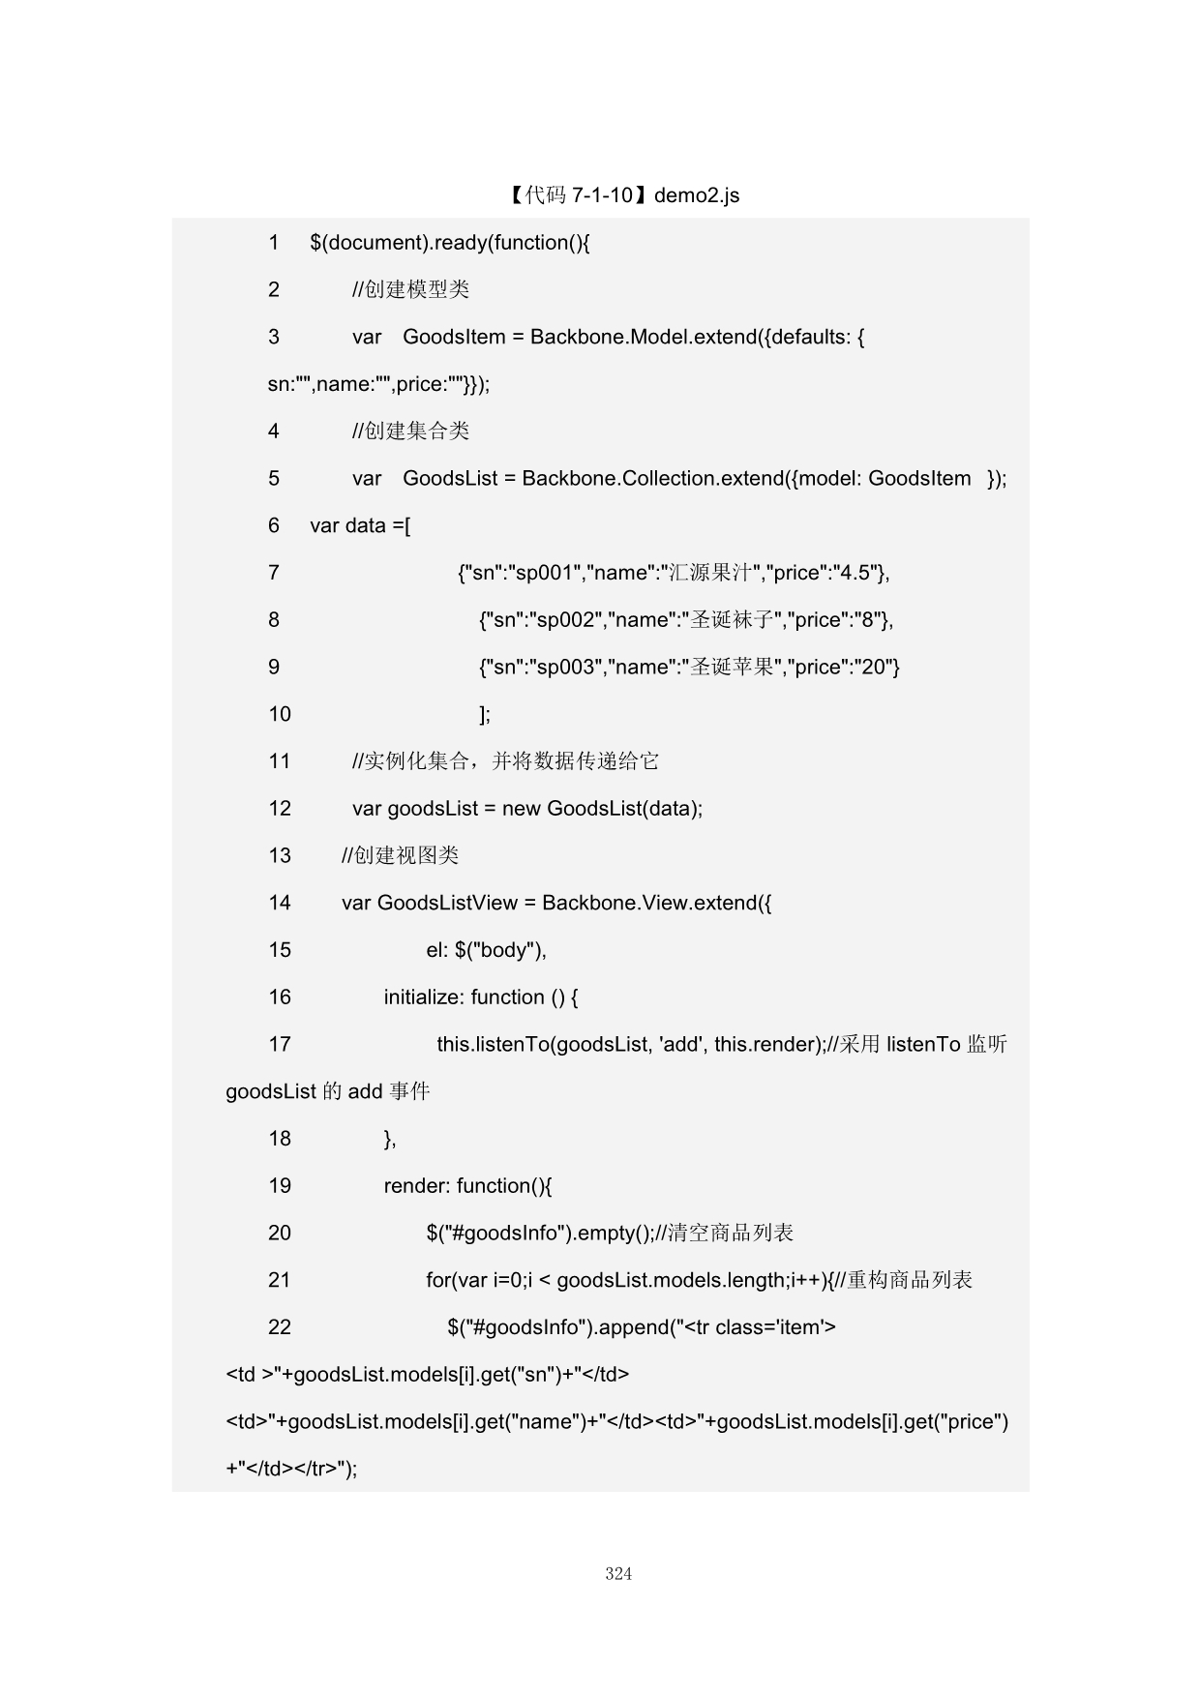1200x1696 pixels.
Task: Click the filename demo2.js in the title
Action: point(697,195)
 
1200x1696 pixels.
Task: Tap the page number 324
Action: point(618,1574)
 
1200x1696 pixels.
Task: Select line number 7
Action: point(274,573)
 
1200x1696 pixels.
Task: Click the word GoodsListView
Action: point(447,903)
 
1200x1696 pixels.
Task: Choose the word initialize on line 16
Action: point(422,997)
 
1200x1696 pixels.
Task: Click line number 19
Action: point(280,1186)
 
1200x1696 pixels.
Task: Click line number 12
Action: point(280,809)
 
